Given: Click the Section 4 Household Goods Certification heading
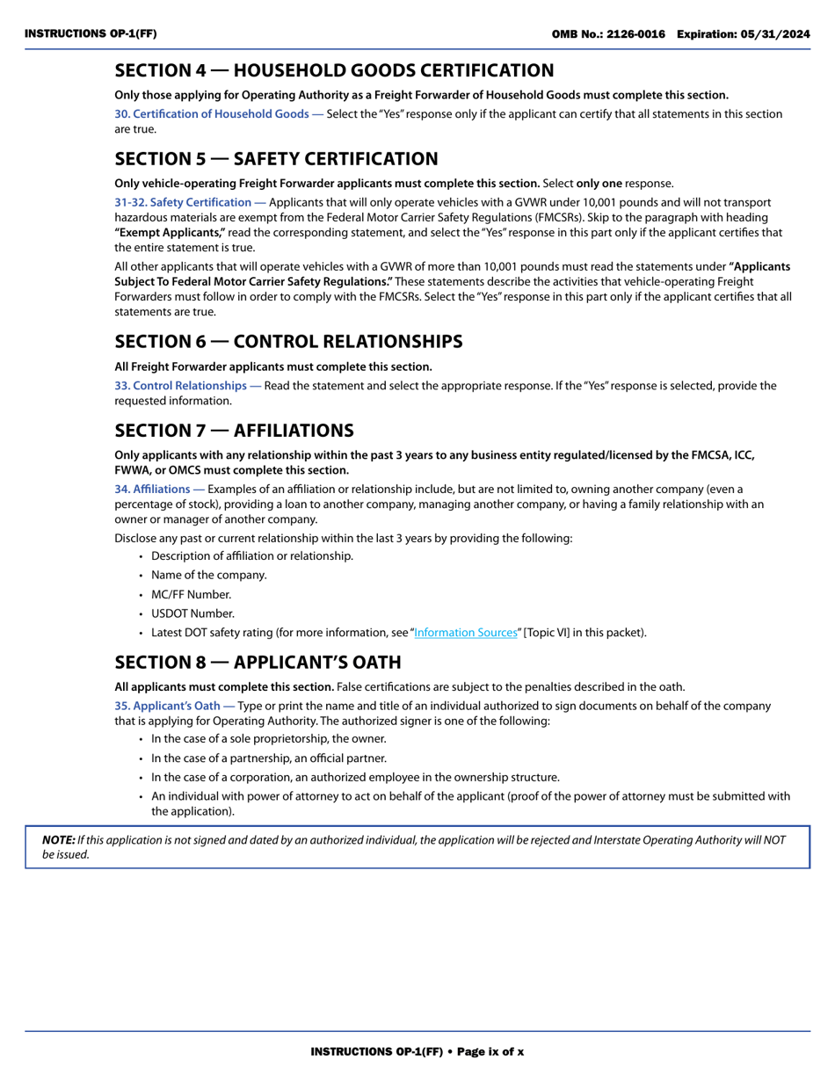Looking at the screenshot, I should click(x=334, y=70).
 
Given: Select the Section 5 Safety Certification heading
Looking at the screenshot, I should click(x=276, y=159).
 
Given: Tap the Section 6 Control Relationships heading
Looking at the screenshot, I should click(x=288, y=342).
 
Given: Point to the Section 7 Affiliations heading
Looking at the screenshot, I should click(x=234, y=431).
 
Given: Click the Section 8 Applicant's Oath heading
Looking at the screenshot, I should click(x=258, y=663).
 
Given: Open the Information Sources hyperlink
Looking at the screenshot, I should click(x=465, y=633).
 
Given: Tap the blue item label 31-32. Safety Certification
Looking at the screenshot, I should click(x=189, y=203).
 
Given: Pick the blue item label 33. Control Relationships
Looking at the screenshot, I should click(x=187, y=386).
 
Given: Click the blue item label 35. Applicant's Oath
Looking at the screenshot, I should click(x=174, y=706).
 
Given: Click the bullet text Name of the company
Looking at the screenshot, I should click(x=208, y=575).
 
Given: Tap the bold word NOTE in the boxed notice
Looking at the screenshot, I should click(x=58, y=839).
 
